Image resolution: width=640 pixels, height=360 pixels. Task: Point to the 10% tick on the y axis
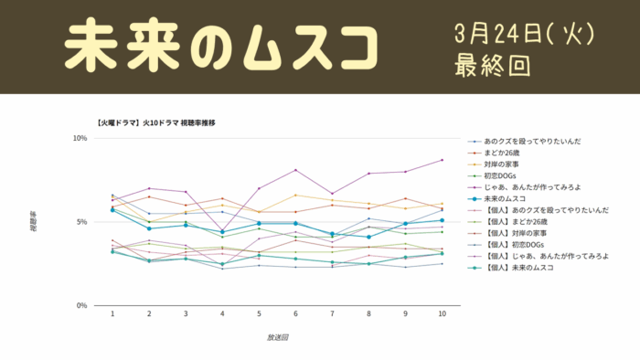(x=80, y=139)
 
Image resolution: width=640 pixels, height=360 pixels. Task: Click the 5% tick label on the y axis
(x=81, y=222)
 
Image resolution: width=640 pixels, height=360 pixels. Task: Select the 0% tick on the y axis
(x=81, y=305)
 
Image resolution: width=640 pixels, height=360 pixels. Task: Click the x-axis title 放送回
(x=278, y=337)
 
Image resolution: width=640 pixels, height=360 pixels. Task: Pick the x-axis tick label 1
(x=112, y=313)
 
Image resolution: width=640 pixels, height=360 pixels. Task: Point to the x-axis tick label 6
(x=295, y=313)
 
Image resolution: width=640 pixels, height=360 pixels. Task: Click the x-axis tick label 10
(x=443, y=313)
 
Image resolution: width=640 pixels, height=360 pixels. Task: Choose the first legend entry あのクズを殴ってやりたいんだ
(x=533, y=142)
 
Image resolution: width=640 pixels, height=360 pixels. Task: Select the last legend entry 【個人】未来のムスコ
(x=528, y=268)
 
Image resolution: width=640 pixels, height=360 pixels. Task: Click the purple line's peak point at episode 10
(x=443, y=160)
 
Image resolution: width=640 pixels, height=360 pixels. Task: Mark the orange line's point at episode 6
(x=295, y=195)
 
